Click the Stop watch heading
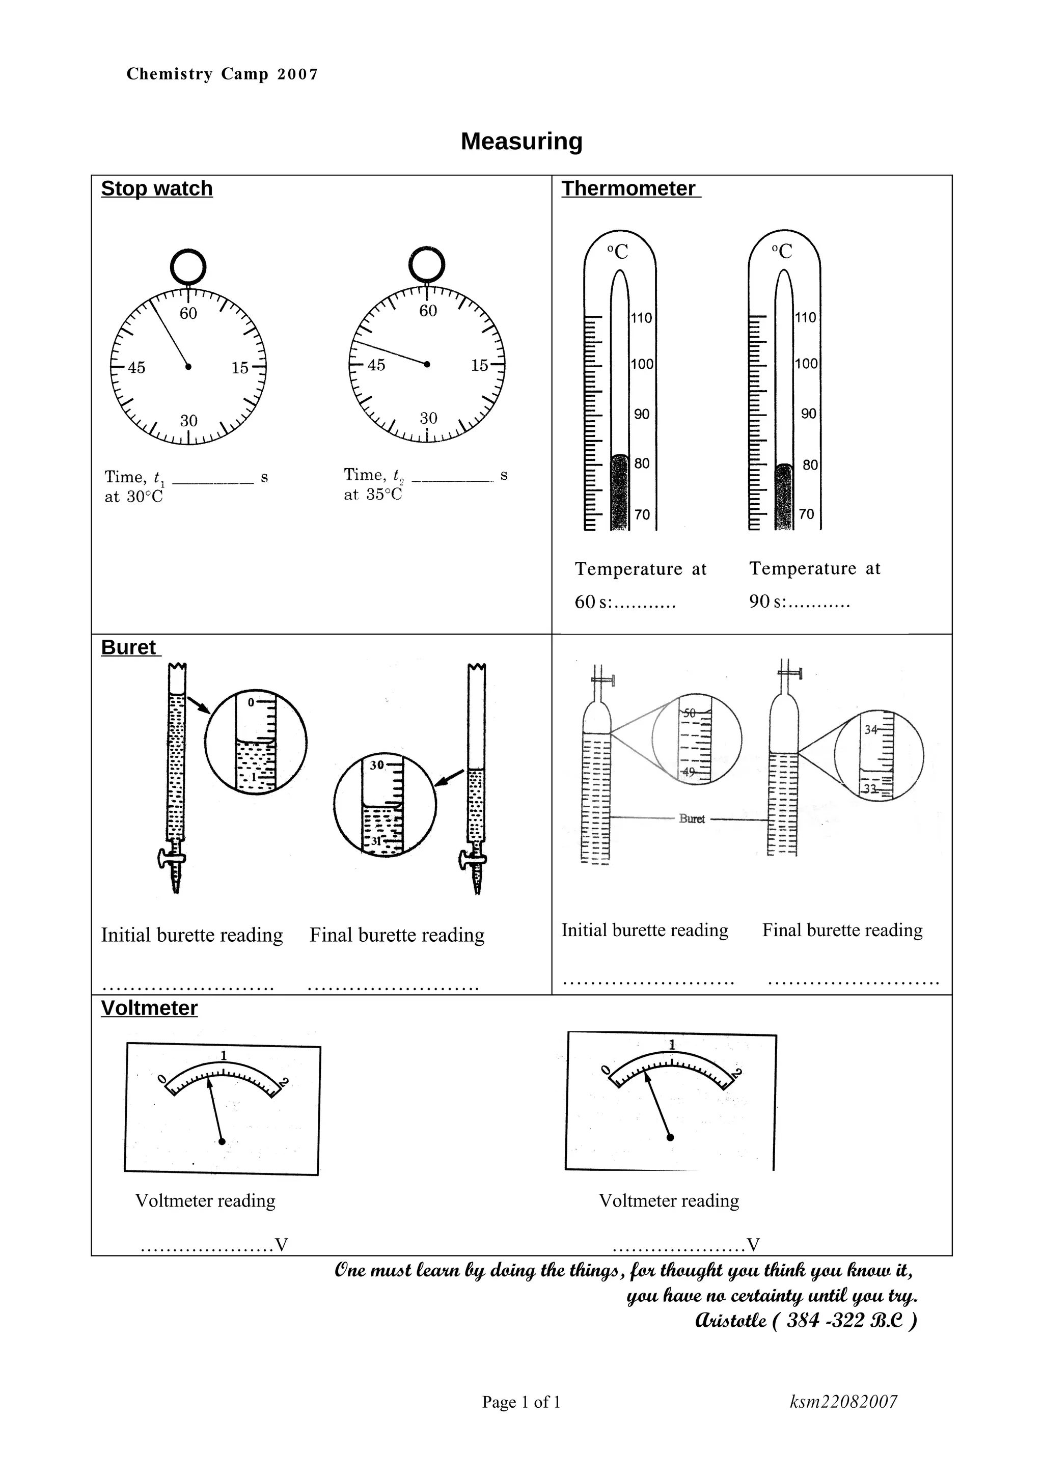pos(157,188)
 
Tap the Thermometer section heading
pos(628,188)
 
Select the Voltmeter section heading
pos(149,1008)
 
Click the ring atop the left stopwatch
pos(188,265)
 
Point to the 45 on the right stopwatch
pos(376,365)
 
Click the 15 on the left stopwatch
pos(240,368)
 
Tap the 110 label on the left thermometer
pos(641,318)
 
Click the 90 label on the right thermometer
pos(808,414)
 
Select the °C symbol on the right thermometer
pos(782,252)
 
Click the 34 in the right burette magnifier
pos(871,730)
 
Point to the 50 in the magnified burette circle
pos(690,713)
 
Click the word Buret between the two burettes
pos(692,819)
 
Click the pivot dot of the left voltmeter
pos(223,1141)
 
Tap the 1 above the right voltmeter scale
pos(672,1045)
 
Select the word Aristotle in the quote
pos(731,1321)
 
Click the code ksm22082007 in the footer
pos(843,1402)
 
